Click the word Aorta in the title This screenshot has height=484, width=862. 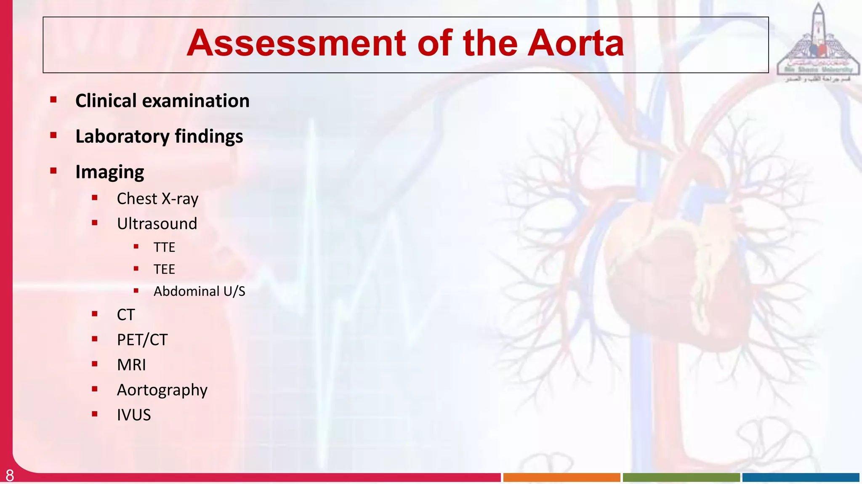575,43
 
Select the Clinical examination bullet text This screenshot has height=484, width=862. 162,101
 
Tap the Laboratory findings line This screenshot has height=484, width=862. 159,136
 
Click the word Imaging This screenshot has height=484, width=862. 109,172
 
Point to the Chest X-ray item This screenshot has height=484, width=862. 157,199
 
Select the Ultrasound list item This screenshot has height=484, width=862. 157,223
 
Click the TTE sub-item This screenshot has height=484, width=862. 164,247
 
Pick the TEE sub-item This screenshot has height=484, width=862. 164,269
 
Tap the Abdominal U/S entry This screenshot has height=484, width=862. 199,291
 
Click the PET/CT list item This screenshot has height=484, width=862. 142,340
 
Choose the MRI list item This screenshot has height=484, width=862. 131,365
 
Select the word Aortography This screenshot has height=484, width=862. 162,390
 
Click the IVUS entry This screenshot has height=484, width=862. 133,415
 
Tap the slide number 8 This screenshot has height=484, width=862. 10,476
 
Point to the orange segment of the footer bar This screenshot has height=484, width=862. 561,477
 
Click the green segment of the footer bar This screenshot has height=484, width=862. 681,477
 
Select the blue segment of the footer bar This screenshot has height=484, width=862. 801,477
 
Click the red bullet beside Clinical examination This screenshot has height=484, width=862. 53,100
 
